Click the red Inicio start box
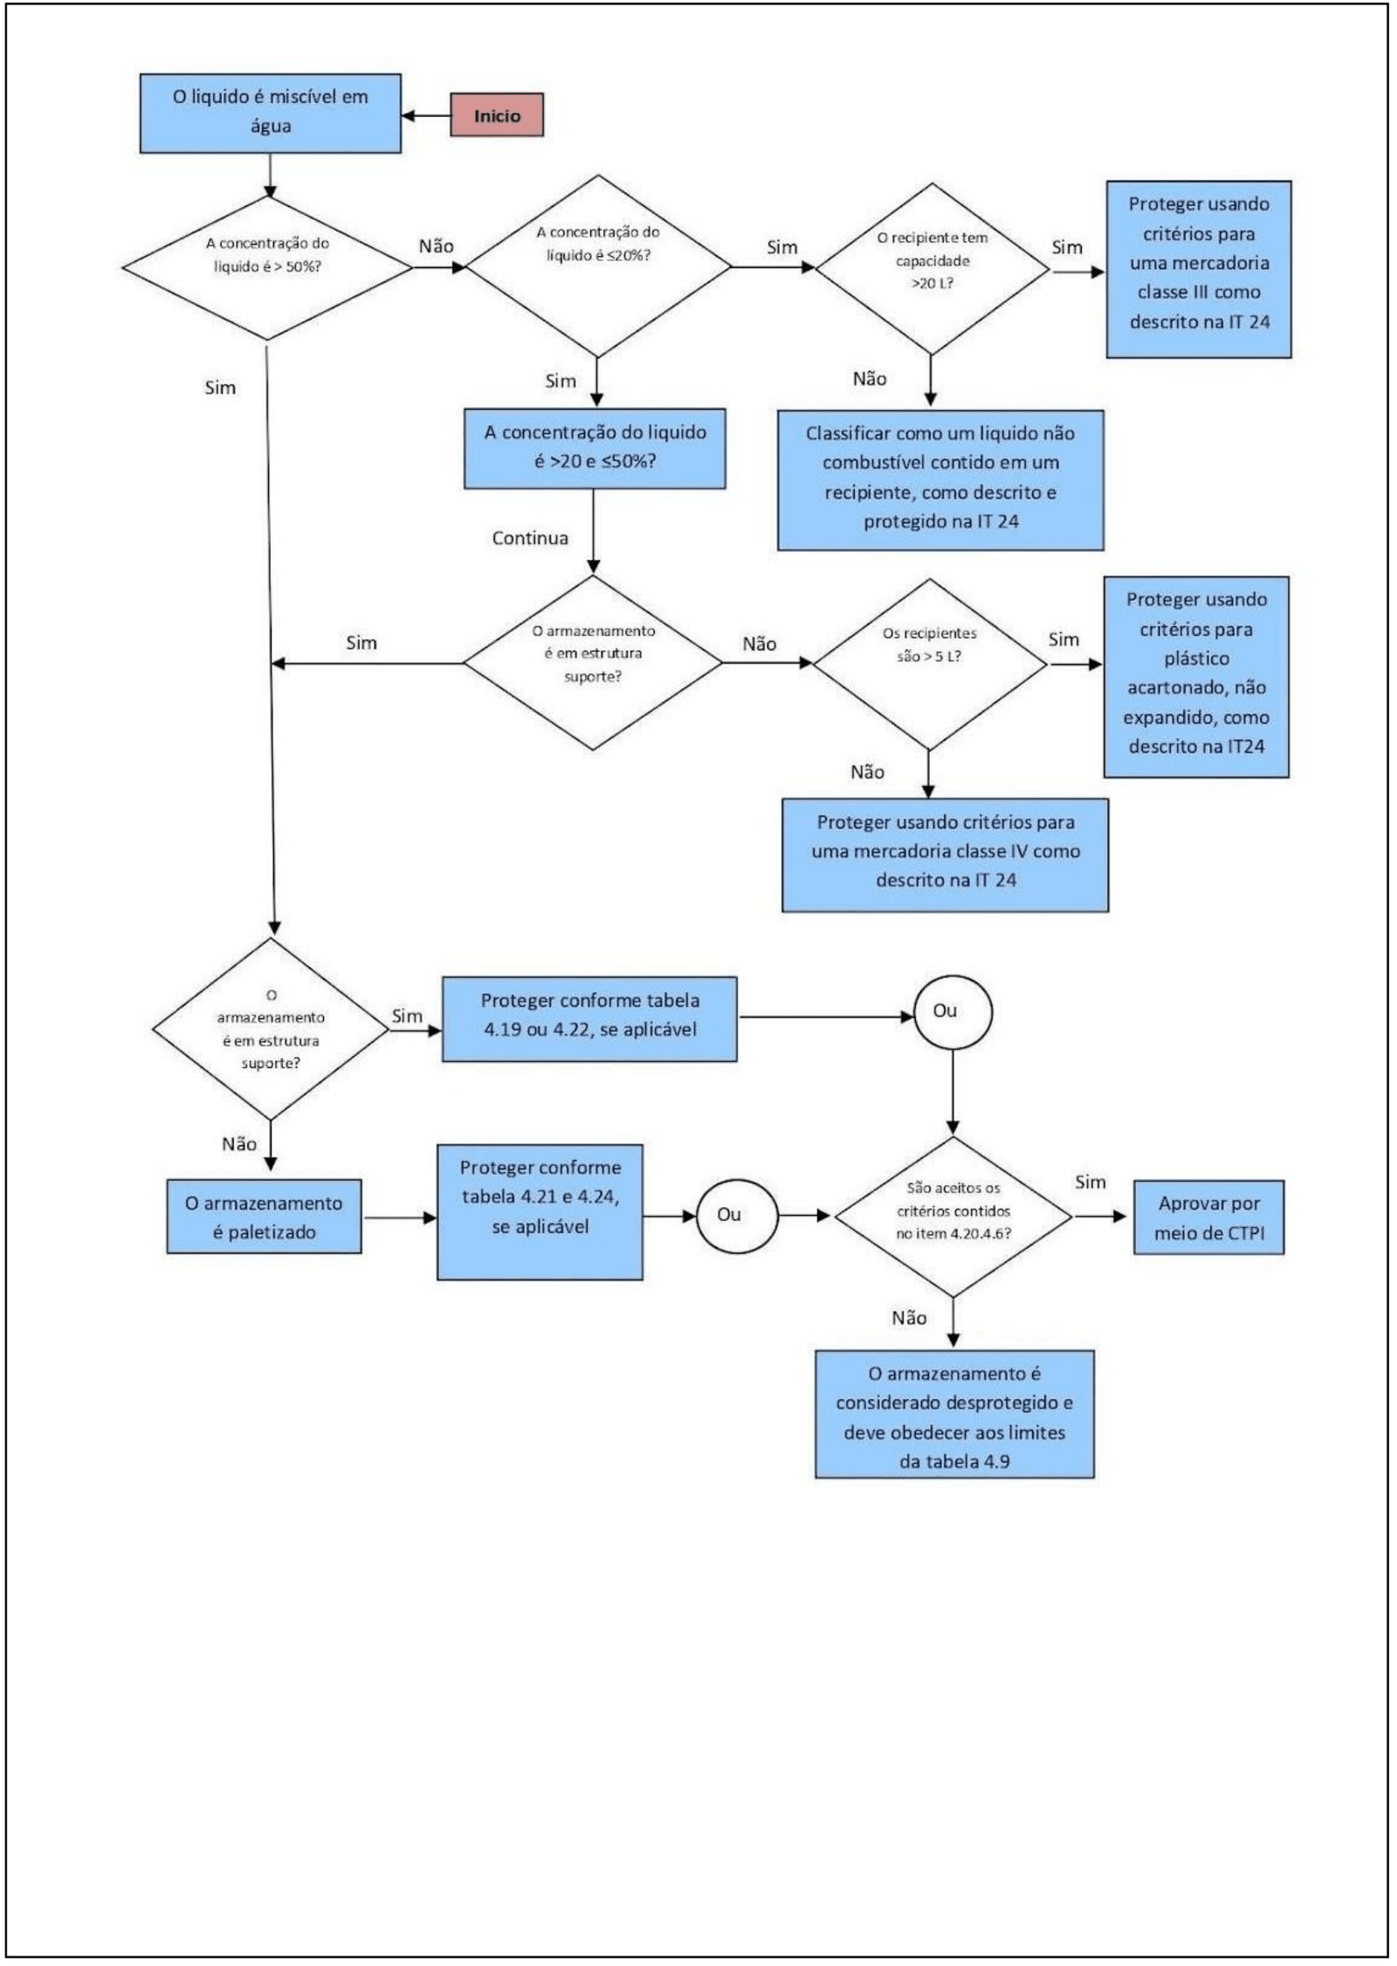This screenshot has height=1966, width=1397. (497, 114)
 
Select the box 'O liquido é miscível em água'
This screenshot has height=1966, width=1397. (271, 114)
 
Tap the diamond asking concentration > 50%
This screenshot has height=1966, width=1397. (267, 267)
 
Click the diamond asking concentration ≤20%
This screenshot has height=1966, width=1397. (598, 266)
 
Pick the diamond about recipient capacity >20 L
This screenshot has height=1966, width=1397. (932, 268)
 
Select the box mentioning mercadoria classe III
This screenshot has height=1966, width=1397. (1199, 269)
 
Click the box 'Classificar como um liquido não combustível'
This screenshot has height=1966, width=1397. (940, 479)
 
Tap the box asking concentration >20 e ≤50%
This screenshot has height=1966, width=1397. (595, 448)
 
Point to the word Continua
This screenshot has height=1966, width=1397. (530, 538)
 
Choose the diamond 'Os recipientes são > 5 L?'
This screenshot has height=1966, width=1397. (930, 664)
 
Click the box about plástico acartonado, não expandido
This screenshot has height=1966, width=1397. (1196, 677)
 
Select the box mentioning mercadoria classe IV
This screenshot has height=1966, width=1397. (946, 855)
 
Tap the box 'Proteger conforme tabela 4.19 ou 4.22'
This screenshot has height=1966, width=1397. (589, 1019)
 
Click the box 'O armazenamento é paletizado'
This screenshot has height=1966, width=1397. (264, 1217)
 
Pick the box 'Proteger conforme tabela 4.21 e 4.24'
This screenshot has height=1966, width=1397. (540, 1212)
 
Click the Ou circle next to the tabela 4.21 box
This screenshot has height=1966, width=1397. (737, 1216)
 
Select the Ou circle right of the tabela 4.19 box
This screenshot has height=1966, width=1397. (953, 1012)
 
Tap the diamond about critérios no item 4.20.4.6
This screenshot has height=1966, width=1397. (953, 1216)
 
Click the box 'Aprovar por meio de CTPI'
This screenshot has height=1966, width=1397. (1208, 1218)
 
